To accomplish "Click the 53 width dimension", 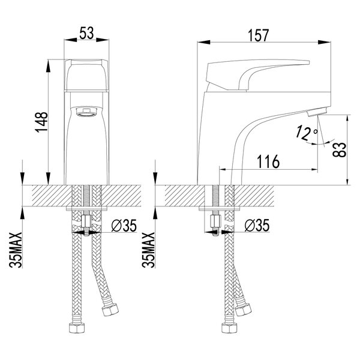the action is point(87,33).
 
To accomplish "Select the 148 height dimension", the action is point(41,122).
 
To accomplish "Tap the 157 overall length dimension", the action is point(258,35).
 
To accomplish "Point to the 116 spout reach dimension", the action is point(268,161).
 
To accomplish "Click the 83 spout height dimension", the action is point(340,149).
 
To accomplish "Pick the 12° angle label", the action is point(306,133).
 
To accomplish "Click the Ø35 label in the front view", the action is point(124,226).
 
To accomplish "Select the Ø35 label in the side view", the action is point(257,226).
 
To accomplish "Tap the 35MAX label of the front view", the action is point(16,250).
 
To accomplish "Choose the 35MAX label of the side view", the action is point(148,250).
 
